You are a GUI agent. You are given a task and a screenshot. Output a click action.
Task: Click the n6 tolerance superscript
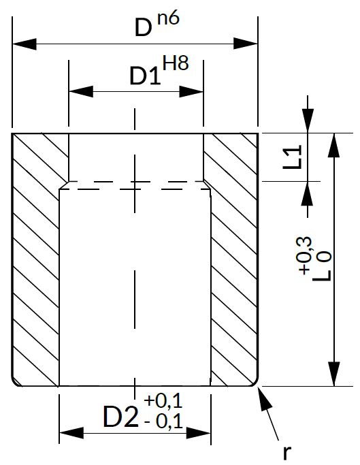[169, 19]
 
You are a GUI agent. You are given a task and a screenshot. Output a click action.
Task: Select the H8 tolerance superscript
[176, 63]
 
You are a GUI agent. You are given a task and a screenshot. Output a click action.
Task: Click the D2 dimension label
[120, 417]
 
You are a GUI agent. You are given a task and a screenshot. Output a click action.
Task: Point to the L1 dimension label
[292, 157]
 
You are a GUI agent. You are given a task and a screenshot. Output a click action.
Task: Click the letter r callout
[286, 453]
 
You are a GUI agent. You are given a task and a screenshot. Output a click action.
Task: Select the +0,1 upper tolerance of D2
[163, 401]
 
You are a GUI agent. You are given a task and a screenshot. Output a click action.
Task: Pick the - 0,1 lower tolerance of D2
[164, 421]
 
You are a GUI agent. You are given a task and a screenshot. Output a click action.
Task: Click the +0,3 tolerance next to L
[305, 255]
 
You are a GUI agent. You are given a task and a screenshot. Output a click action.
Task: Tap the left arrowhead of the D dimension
[24, 44]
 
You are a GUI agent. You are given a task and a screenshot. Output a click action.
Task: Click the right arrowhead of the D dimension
[246, 44]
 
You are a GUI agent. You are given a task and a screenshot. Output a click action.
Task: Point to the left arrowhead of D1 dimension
[81, 92]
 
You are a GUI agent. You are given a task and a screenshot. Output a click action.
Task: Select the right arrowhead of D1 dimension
[191, 92]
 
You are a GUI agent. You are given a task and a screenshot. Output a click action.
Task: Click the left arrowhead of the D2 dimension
[71, 433]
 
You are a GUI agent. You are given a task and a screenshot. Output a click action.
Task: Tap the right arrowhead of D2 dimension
[199, 433]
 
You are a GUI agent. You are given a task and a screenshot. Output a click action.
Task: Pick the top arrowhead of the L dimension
[334, 145]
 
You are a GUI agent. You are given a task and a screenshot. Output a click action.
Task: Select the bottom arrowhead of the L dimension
[334, 374]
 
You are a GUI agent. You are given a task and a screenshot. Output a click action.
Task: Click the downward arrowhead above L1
[308, 121]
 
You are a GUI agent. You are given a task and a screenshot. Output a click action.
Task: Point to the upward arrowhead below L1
[307, 193]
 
